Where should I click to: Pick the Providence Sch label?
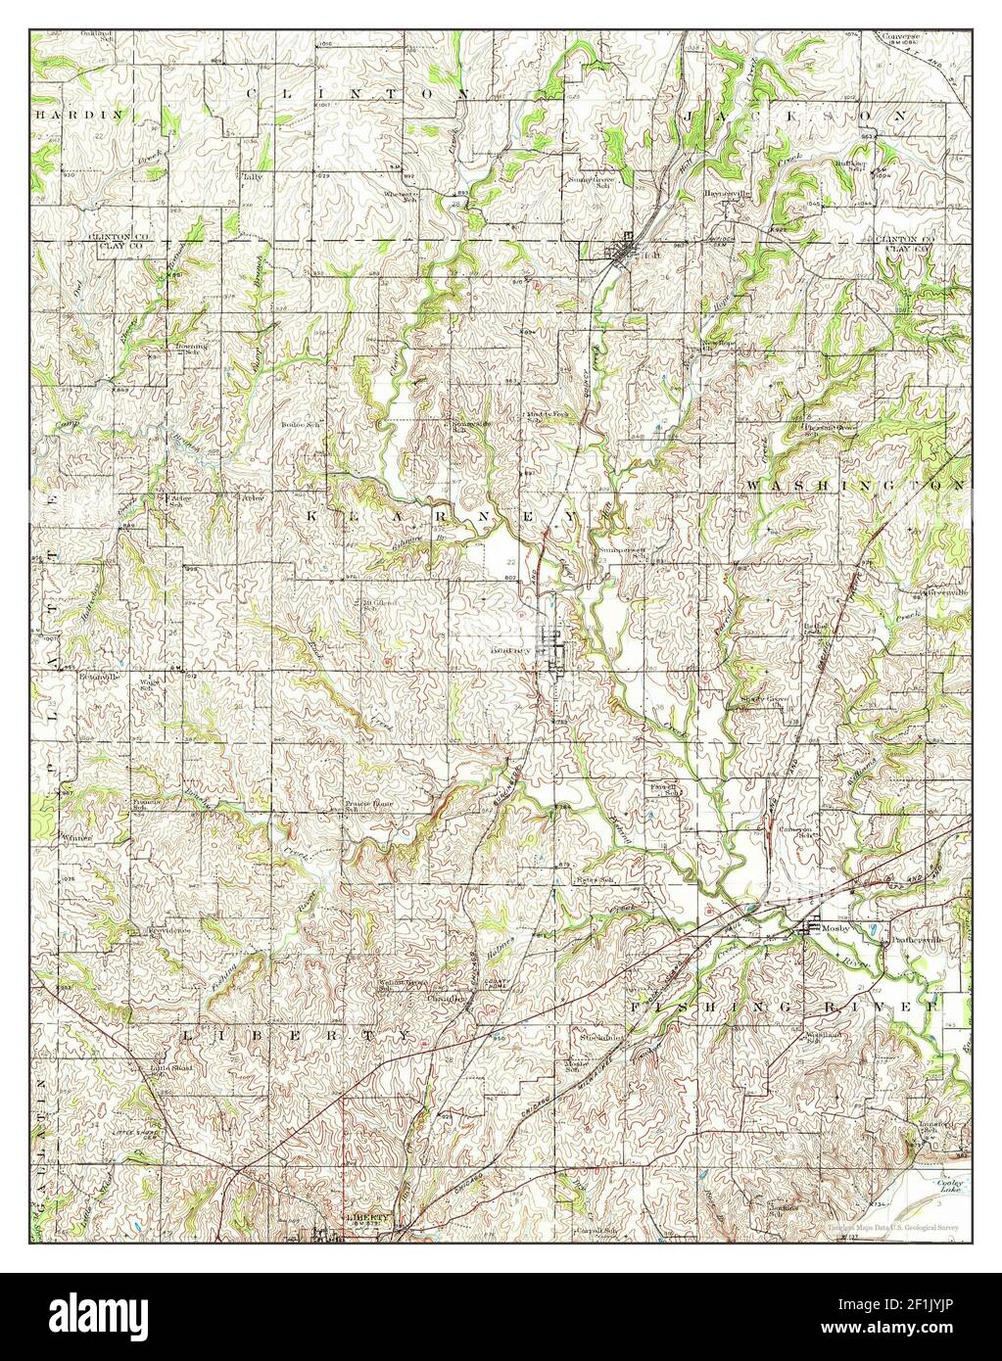point(167,933)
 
